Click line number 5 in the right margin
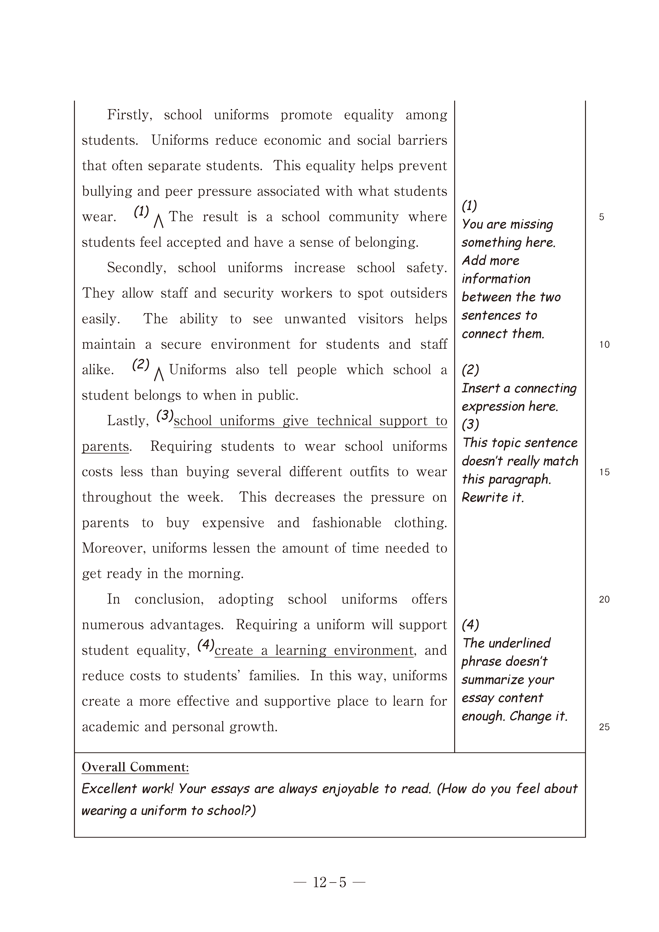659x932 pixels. [601, 217]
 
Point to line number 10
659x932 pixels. [604, 345]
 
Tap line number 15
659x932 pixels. [604, 472]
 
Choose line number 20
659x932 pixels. [604, 600]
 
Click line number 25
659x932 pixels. [604, 727]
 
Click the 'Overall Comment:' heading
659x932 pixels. [135, 767]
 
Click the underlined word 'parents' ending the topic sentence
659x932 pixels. [105, 447]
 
